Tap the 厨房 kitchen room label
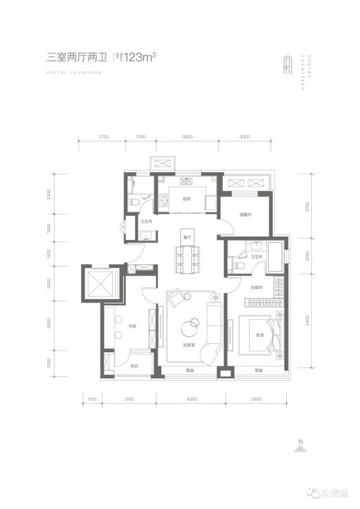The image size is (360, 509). click(x=187, y=199)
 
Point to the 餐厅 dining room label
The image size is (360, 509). click(x=187, y=238)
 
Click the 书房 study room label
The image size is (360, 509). click(x=132, y=327)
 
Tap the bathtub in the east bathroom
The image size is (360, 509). click(x=276, y=262)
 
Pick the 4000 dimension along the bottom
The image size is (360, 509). click(x=191, y=398)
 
